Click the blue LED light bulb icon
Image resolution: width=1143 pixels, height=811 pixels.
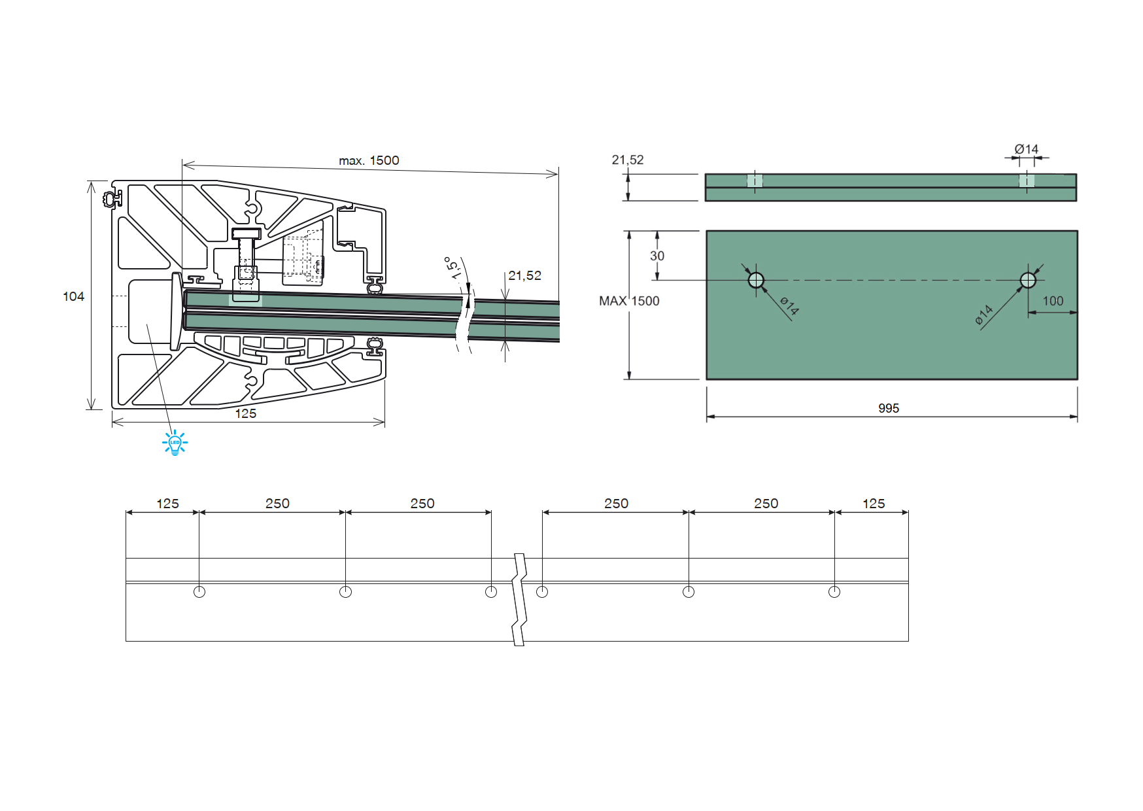click(x=175, y=443)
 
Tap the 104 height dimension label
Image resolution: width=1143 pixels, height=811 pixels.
click(x=73, y=296)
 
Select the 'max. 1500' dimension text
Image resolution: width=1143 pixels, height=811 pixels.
click(x=369, y=160)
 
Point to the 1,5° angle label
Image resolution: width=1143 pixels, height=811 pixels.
click(x=452, y=268)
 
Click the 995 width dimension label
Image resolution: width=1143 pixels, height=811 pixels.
click(x=889, y=408)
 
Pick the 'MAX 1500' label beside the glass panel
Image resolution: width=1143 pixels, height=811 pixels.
click(x=629, y=301)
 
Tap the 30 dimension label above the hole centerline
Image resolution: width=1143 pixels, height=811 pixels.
click(x=657, y=256)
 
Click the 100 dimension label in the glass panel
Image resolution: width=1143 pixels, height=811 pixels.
click(x=1053, y=301)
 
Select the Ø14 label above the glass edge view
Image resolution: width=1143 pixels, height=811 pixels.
click(x=1027, y=149)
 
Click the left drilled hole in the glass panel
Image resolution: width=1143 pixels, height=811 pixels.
click(x=756, y=281)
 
